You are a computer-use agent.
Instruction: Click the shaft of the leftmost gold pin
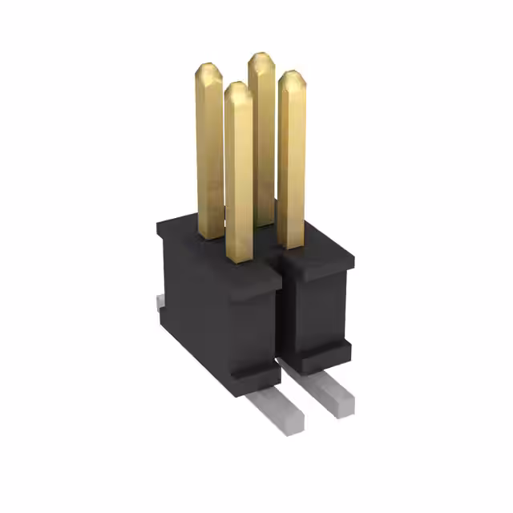(x=210, y=152)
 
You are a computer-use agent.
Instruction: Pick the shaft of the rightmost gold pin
(x=292, y=160)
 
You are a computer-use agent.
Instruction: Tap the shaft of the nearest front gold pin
(x=239, y=176)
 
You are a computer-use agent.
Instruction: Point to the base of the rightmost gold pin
(x=292, y=244)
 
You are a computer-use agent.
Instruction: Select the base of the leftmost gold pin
(x=211, y=234)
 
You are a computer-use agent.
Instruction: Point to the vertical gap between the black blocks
(x=281, y=321)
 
